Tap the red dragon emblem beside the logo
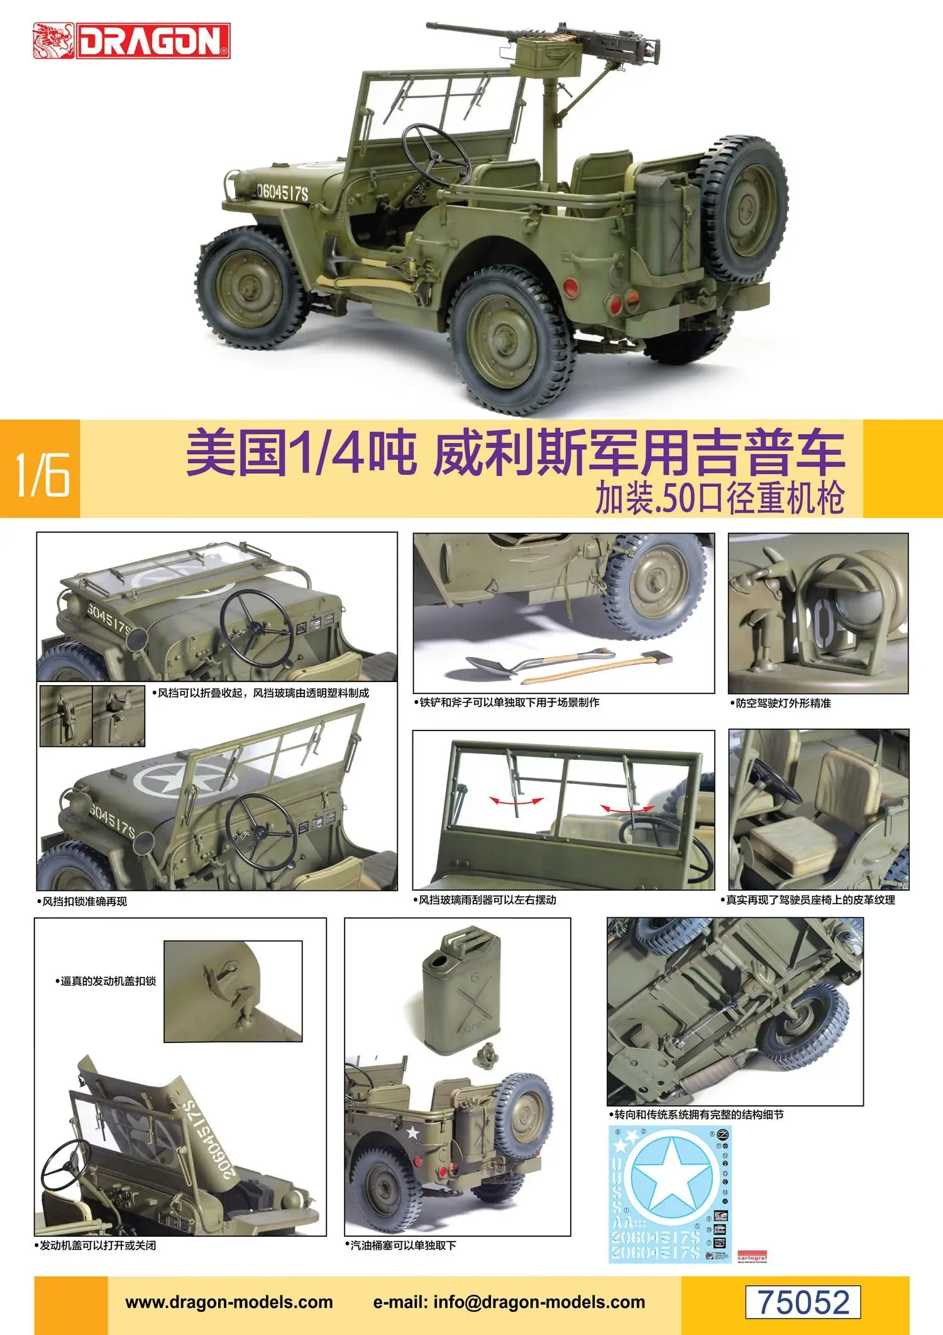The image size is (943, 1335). click(x=53, y=41)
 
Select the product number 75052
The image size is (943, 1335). click(x=803, y=1302)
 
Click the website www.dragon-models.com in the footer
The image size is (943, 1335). click(x=229, y=1302)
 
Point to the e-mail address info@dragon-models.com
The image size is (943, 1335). click(x=509, y=1302)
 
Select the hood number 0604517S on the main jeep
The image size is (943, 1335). click(x=281, y=193)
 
